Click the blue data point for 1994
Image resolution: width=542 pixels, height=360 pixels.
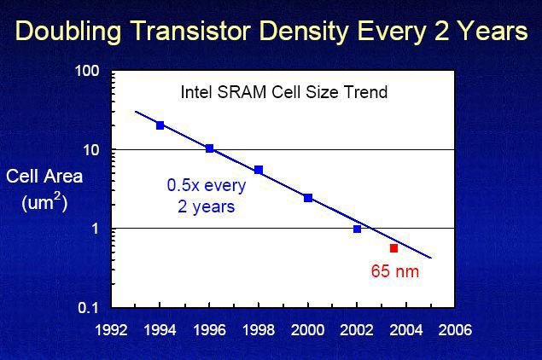160,125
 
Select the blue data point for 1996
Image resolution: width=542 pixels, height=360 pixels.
209,148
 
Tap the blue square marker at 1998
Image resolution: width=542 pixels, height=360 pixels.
259,170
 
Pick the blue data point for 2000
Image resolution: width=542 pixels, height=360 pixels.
308,198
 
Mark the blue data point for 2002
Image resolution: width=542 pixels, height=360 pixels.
357,229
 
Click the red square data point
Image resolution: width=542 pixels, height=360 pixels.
393,248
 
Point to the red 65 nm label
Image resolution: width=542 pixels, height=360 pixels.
395,273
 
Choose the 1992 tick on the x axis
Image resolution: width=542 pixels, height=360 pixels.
112,328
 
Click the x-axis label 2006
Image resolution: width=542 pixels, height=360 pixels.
455,328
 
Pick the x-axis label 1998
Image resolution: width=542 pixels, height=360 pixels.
259,328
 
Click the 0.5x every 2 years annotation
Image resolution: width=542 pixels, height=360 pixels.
206,195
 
